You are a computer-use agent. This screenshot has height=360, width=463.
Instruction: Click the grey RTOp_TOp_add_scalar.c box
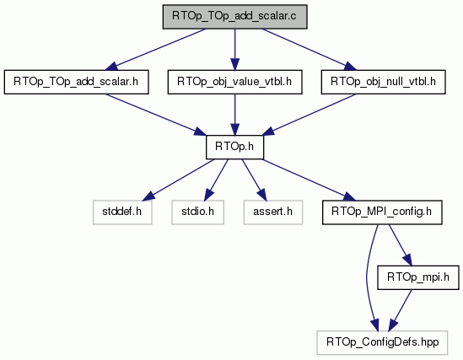[x=234, y=17]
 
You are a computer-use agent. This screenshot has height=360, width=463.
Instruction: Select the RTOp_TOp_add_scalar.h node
[x=76, y=82]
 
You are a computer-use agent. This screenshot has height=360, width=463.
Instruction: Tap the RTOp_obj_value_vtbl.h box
[x=234, y=82]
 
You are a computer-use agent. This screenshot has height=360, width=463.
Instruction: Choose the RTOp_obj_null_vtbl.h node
[x=383, y=82]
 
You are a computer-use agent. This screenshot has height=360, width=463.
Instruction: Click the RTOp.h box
[x=234, y=148]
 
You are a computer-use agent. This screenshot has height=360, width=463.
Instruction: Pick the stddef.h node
[x=122, y=212]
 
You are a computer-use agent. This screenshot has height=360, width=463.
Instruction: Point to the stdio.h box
[x=197, y=212]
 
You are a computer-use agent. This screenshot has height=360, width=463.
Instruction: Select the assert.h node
[x=273, y=212]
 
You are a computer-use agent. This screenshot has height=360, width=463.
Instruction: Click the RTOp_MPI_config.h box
[x=382, y=212]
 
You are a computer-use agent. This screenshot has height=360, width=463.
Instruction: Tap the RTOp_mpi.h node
[x=418, y=277]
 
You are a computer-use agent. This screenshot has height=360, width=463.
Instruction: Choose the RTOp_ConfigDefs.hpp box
[x=382, y=343]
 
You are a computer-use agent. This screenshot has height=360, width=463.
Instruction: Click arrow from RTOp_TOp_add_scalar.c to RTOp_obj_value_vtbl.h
[x=234, y=50]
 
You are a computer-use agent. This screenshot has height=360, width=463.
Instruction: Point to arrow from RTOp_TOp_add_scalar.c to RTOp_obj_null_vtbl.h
[x=310, y=49]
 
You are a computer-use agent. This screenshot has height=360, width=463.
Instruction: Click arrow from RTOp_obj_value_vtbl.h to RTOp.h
[x=234, y=115]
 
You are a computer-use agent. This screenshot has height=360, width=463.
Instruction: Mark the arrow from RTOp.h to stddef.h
[x=178, y=180]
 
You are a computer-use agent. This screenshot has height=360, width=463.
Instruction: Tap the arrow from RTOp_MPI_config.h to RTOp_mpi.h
[x=400, y=245]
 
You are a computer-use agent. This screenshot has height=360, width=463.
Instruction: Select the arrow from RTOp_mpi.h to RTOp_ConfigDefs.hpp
[x=400, y=310]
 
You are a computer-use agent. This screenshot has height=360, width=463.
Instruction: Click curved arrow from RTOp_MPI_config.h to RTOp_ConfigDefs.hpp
[x=367, y=277]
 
